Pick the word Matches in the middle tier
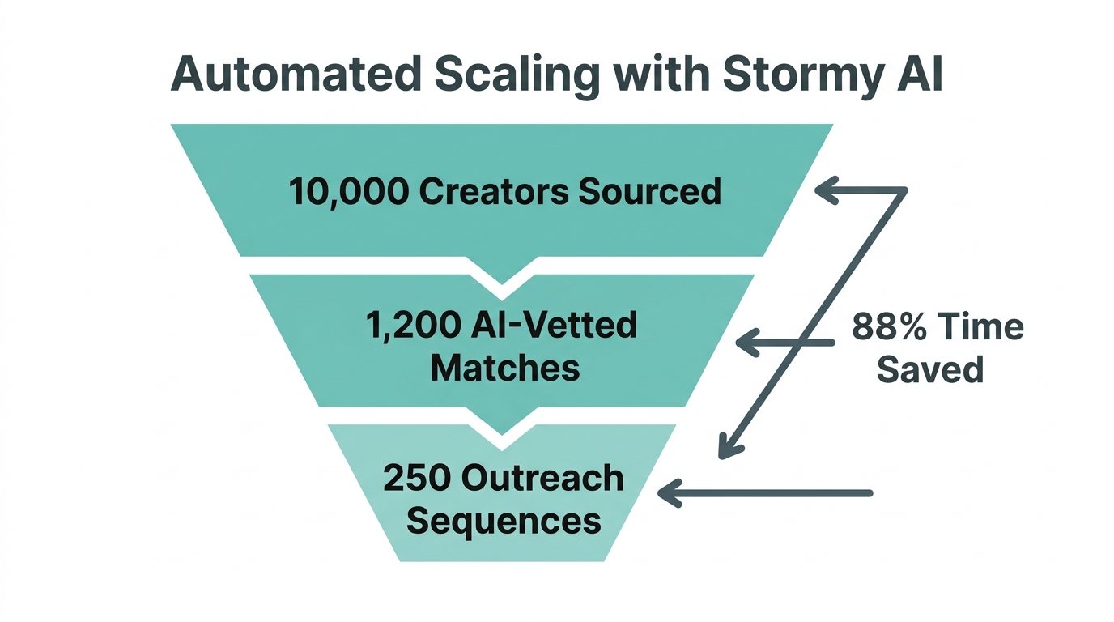[505, 368]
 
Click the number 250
[415, 478]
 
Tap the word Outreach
[542, 478]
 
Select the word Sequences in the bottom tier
[504, 520]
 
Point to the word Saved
[930, 370]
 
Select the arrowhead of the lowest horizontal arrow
[669, 492]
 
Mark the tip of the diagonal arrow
[723, 454]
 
